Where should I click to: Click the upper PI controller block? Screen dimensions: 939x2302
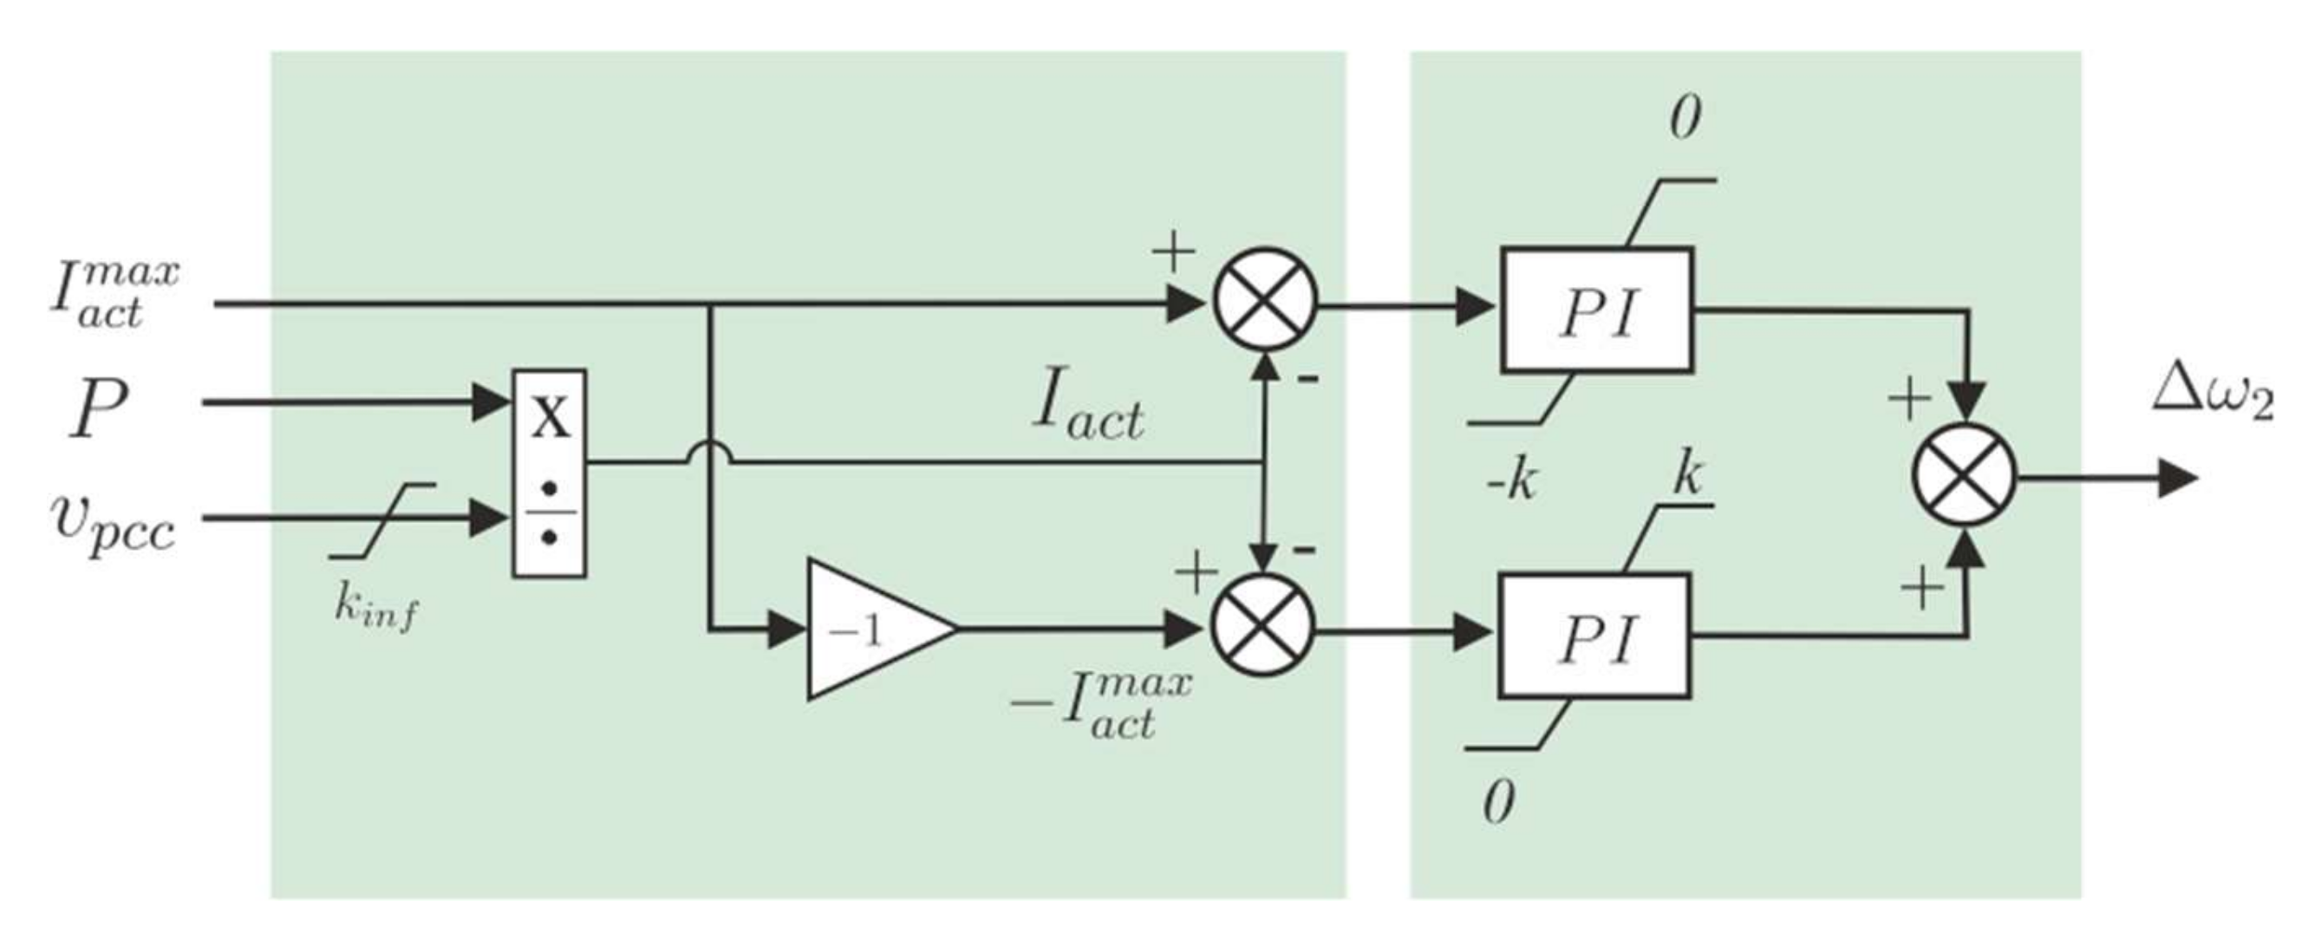(x=1596, y=310)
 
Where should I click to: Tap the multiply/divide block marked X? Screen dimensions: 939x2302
(x=550, y=473)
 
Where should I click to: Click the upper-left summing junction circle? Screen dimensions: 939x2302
(x=1264, y=299)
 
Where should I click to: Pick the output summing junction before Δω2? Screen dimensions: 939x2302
(x=1963, y=475)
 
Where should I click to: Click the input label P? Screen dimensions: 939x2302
(x=98, y=409)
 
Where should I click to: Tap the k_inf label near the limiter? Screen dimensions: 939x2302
(x=376, y=609)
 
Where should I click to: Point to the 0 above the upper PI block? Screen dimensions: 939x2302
(x=1686, y=120)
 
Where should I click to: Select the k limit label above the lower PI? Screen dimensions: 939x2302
(x=1686, y=474)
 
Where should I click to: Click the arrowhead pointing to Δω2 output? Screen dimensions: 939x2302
(x=2177, y=477)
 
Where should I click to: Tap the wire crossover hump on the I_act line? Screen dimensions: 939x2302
(x=709, y=453)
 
